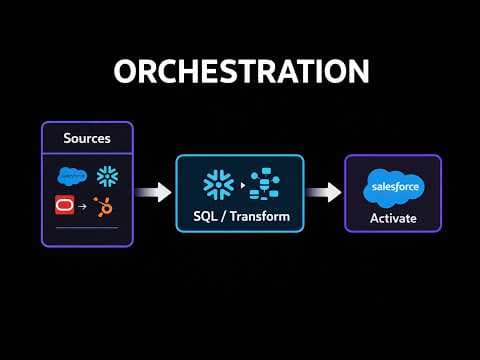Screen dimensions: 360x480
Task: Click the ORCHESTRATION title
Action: pos(240,72)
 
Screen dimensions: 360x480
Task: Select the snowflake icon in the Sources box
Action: pos(107,174)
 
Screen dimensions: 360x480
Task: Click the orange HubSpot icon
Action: pos(103,206)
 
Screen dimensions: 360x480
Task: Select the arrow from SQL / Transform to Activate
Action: pos(323,192)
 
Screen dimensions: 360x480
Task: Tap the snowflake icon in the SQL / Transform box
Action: pos(218,183)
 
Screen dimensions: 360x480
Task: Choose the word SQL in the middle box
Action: pos(207,217)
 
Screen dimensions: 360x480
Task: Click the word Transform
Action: pos(256,217)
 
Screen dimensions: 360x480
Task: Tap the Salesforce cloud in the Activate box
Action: pos(393,186)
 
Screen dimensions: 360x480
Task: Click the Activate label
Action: pos(393,217)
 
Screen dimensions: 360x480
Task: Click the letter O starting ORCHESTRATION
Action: pos(125,72)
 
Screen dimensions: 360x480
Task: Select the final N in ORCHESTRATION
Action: pos(357,72)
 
